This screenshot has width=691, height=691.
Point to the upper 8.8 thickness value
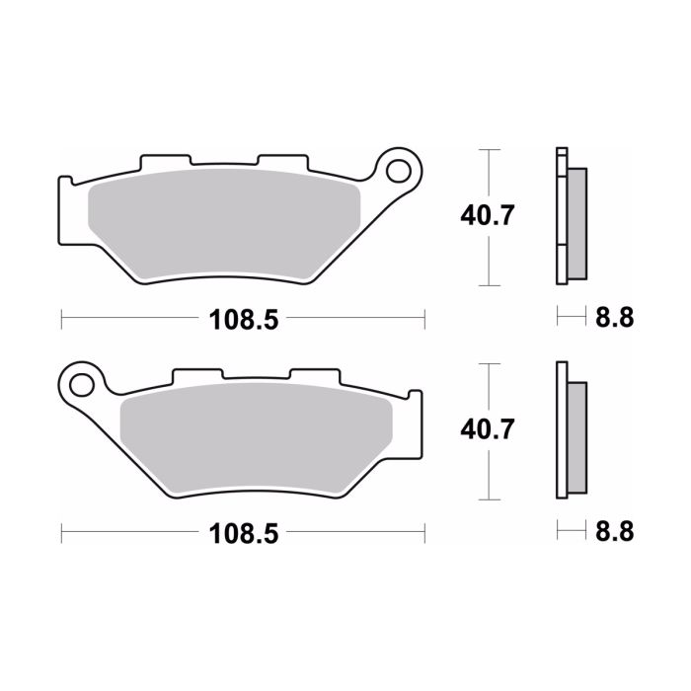tap(612, 318)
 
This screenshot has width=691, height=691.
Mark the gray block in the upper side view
tap(577, 222)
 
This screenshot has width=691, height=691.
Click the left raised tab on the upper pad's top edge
tap(164, 161)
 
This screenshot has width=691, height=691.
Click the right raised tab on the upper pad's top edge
tap(283, 161)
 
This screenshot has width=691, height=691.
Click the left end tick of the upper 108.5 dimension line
tap(62, 319)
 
